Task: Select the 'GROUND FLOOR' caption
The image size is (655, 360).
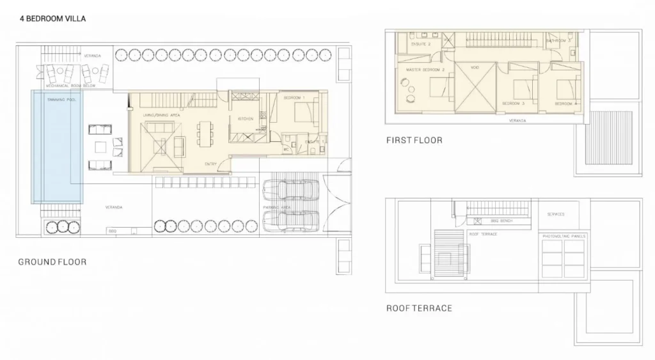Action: pyautogui.click(x=52, y=262)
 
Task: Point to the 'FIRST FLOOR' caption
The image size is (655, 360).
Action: pyautogui.click(x=414, y=140)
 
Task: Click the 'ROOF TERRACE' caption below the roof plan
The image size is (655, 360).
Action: pyautogui.click(x=419, y=308)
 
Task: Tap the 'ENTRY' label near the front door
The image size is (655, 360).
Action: pyautogui.click(x=210, y=164)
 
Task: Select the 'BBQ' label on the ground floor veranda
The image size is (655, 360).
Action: pyautogui.click(x=113, y=230)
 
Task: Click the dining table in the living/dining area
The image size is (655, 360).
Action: pyautogui.click(x=205, y=135)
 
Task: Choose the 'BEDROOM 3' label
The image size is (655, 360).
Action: pyautogui.click(x=513, y=103)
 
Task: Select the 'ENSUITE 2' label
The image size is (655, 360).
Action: pyautogui.click(x=420, y=44)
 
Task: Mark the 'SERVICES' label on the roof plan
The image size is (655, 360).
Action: pyautogui.click(x=555, y=214)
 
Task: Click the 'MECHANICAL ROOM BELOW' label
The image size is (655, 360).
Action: pyautogui.click(x=70, y=84)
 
